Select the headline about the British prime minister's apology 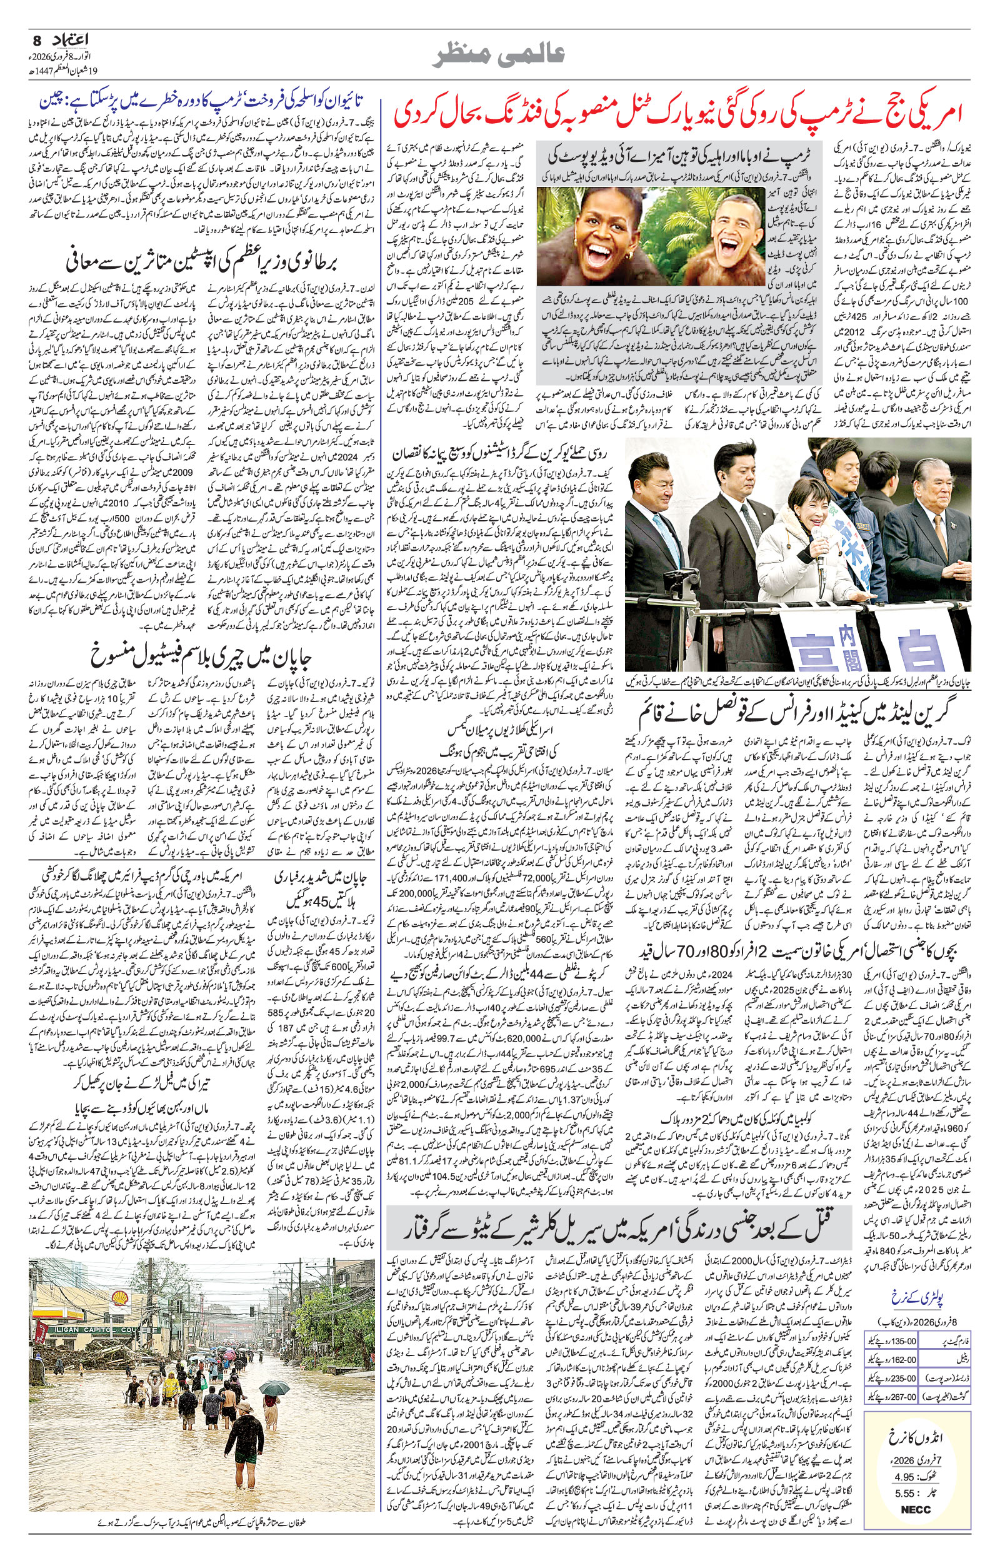coord(202,263)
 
